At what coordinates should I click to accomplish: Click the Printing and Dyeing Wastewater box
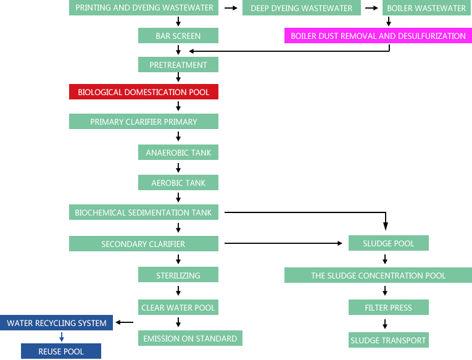click(x=144, y=8)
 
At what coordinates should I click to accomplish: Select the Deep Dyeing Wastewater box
click(x=301, y=8)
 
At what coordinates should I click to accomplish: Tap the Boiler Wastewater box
click(x=426, y=8)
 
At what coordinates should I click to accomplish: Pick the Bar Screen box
click(x=178, y=36)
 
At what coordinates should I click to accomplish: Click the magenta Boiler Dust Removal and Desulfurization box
click(x=378, y=36)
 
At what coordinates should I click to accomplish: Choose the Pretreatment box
click(x=178, y=65)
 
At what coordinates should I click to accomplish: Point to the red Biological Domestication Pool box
click(x=143, y=92)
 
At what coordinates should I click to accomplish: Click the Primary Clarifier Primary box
click(x=143, y=122)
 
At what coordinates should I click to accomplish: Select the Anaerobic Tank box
click(x=178, y=153)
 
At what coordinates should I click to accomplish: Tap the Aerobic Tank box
click(x=178, y=183)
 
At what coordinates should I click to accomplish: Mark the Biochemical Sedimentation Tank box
click(x=143, y=212)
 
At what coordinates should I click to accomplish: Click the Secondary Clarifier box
click(x=143, y=244)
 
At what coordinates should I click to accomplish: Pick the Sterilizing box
click(x=178, y=275)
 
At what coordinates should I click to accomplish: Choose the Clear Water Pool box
click(x=178, y=308)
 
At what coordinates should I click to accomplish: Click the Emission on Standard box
click(x=190, y=338)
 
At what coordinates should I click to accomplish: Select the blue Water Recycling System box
click(x=57, y=323)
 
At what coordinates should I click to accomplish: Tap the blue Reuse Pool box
click(x=61, y=351)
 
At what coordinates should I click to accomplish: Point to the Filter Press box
click(x=388, y=308)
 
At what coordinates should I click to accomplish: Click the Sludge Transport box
click(x=388, y=340)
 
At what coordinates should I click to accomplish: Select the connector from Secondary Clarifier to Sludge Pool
click(x=283, y=244)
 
